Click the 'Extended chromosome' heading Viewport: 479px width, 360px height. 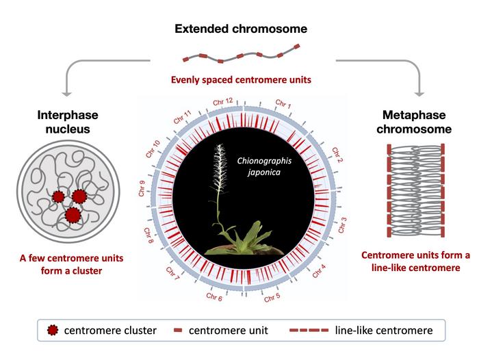point(239,29)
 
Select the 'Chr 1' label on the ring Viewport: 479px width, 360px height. point(283,105)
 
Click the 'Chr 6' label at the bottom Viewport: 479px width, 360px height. point(214,297)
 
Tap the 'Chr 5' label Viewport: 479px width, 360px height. point(272,296)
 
